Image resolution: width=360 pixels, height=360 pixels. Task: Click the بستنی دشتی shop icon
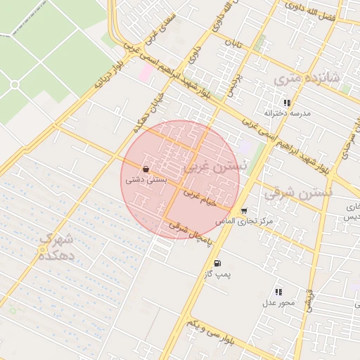point(146,169)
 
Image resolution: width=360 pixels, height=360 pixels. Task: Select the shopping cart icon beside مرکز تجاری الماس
point(243,210)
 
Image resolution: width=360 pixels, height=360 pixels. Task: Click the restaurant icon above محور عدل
point(278,292)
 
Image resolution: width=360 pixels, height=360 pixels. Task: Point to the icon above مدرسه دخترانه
point(286,103)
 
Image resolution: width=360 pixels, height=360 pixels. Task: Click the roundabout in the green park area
point(14,84)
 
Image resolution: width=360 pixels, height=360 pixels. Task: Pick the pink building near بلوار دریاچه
point(145,72)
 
